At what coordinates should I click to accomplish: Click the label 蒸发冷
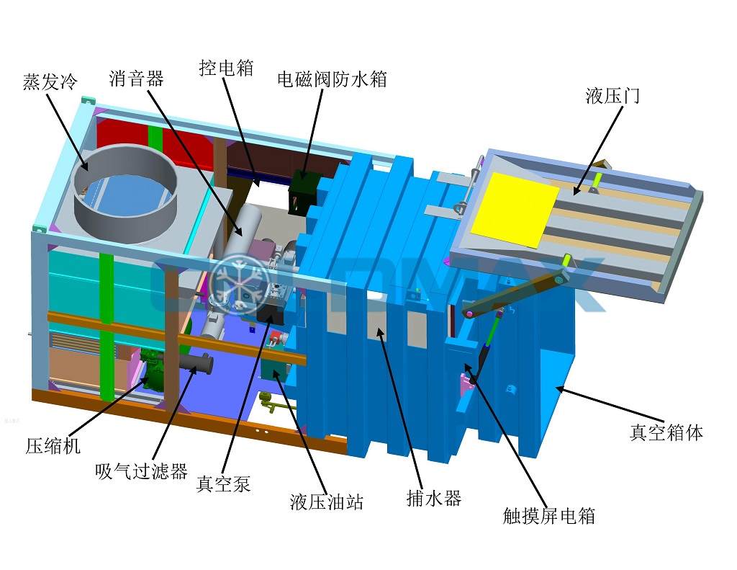pos(50,81)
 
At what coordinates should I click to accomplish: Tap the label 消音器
pos(136,78)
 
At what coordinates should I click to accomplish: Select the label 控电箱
pos(226,68)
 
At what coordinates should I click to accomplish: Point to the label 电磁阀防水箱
pos(332,79)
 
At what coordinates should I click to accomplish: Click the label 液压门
pos(612,96)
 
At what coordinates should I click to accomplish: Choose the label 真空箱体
pos(666,432)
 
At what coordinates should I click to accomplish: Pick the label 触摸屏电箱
pos(548,516)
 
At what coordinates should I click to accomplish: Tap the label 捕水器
pos(434,498)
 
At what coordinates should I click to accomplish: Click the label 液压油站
pos(327,502)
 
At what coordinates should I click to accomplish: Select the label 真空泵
pos(223,484)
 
